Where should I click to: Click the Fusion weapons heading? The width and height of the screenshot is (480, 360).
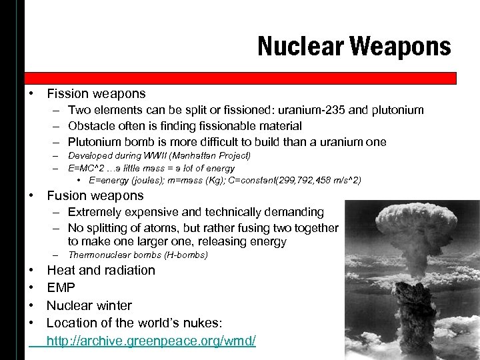click(95, 195)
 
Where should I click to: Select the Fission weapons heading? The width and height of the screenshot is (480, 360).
click(96, 94)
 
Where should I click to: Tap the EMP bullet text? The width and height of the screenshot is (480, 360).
click(61, 288)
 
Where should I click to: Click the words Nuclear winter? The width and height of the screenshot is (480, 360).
click(89, 305)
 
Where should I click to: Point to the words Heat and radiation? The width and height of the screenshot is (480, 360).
click(101, 270)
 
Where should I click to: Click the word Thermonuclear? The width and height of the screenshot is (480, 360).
click(99, 255)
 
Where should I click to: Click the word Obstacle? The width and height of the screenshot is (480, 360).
click(91, 126)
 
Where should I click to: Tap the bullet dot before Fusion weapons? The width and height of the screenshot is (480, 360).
click(31, 195)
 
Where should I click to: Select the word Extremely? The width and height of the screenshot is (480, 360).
click(95, 212)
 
